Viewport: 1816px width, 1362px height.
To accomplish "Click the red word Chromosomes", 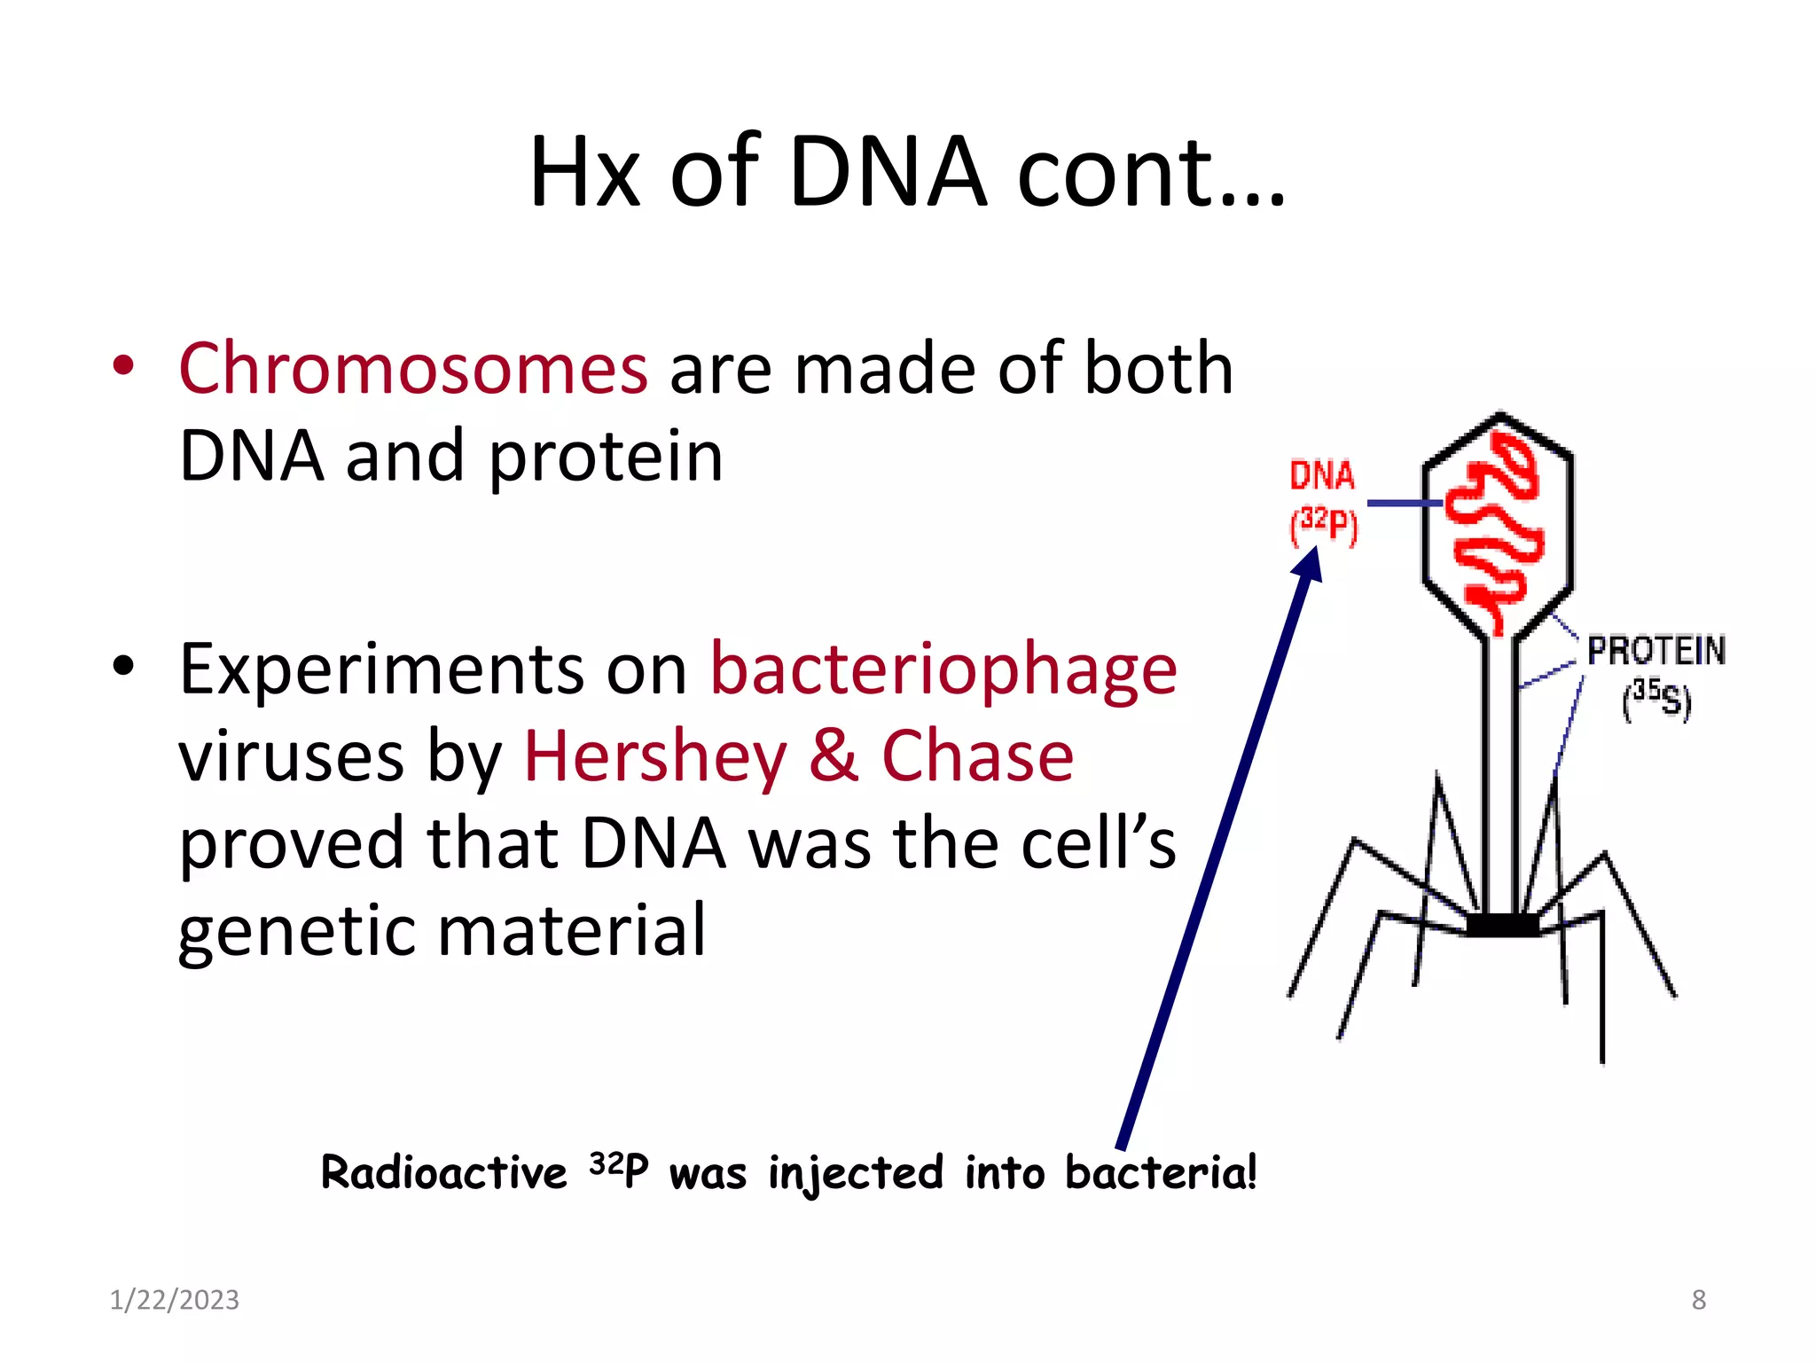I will point(413,369).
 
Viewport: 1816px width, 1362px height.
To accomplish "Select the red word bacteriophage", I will point(943,669).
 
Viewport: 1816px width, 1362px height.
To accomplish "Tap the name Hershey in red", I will point(655,756).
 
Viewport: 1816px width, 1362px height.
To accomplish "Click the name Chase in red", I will point(977,756).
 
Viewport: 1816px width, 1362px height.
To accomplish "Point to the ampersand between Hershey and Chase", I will point(834,756).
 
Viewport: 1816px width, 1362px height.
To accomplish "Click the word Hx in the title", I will point(584,172).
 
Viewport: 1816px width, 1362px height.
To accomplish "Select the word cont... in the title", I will point(1151,172).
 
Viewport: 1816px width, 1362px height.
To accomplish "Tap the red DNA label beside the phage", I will point(1321,476).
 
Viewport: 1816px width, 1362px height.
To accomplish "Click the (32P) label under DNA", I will point(1323,525).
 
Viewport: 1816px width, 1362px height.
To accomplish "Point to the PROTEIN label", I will point(1656,652).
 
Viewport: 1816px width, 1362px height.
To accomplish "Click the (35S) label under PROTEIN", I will point(1656,700).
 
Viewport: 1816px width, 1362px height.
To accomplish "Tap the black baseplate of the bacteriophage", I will point(1502,926).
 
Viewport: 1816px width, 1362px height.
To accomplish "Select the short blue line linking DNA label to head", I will point(1404,504).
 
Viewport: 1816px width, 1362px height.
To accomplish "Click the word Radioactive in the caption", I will point(443,1173).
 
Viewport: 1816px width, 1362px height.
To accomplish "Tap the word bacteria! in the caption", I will point(1161,1173).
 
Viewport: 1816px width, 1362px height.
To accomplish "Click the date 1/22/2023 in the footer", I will point(174,1300).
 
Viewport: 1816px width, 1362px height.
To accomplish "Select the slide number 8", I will point(1698,1300).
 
